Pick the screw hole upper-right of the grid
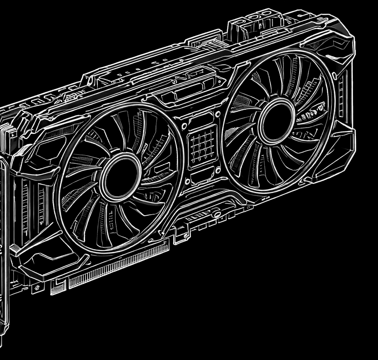217,114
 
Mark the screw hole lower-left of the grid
188,181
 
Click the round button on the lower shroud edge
216,213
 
